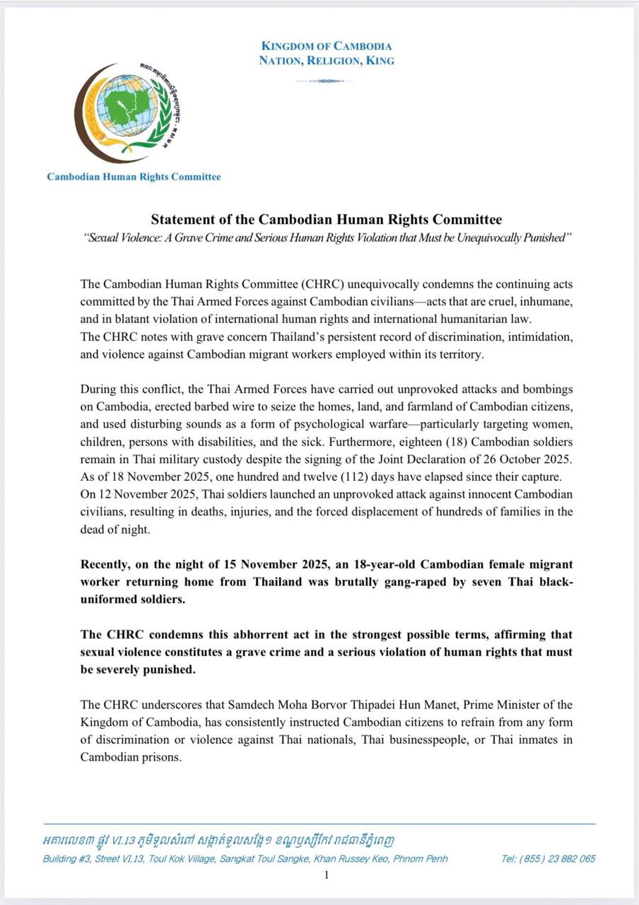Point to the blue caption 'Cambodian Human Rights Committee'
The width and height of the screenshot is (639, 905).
(x=134, y=177)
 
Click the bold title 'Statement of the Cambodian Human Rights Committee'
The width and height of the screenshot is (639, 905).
(x=326, y=220)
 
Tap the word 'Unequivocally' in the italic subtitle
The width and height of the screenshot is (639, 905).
(x=498, y=238)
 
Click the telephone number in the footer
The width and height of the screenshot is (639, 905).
(x=548, y=859)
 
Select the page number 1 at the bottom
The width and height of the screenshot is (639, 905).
(x=326, y=876)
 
